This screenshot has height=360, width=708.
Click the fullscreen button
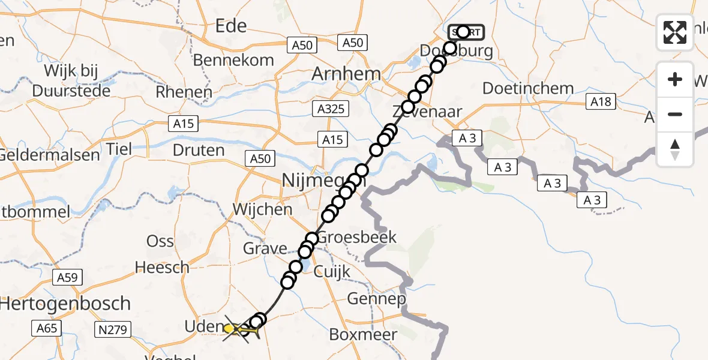(675, 32)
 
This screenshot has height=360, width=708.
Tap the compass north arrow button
(675, 149)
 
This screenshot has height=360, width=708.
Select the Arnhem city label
(346, 74)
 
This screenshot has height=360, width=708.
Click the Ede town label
(231, 26)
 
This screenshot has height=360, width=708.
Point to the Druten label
(198, 149)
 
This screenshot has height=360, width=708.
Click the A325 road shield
(331, 109)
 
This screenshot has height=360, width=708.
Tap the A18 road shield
(601, 102)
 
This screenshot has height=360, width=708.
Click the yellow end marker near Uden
(230, 328)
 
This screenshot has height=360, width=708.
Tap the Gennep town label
(377, 298)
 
